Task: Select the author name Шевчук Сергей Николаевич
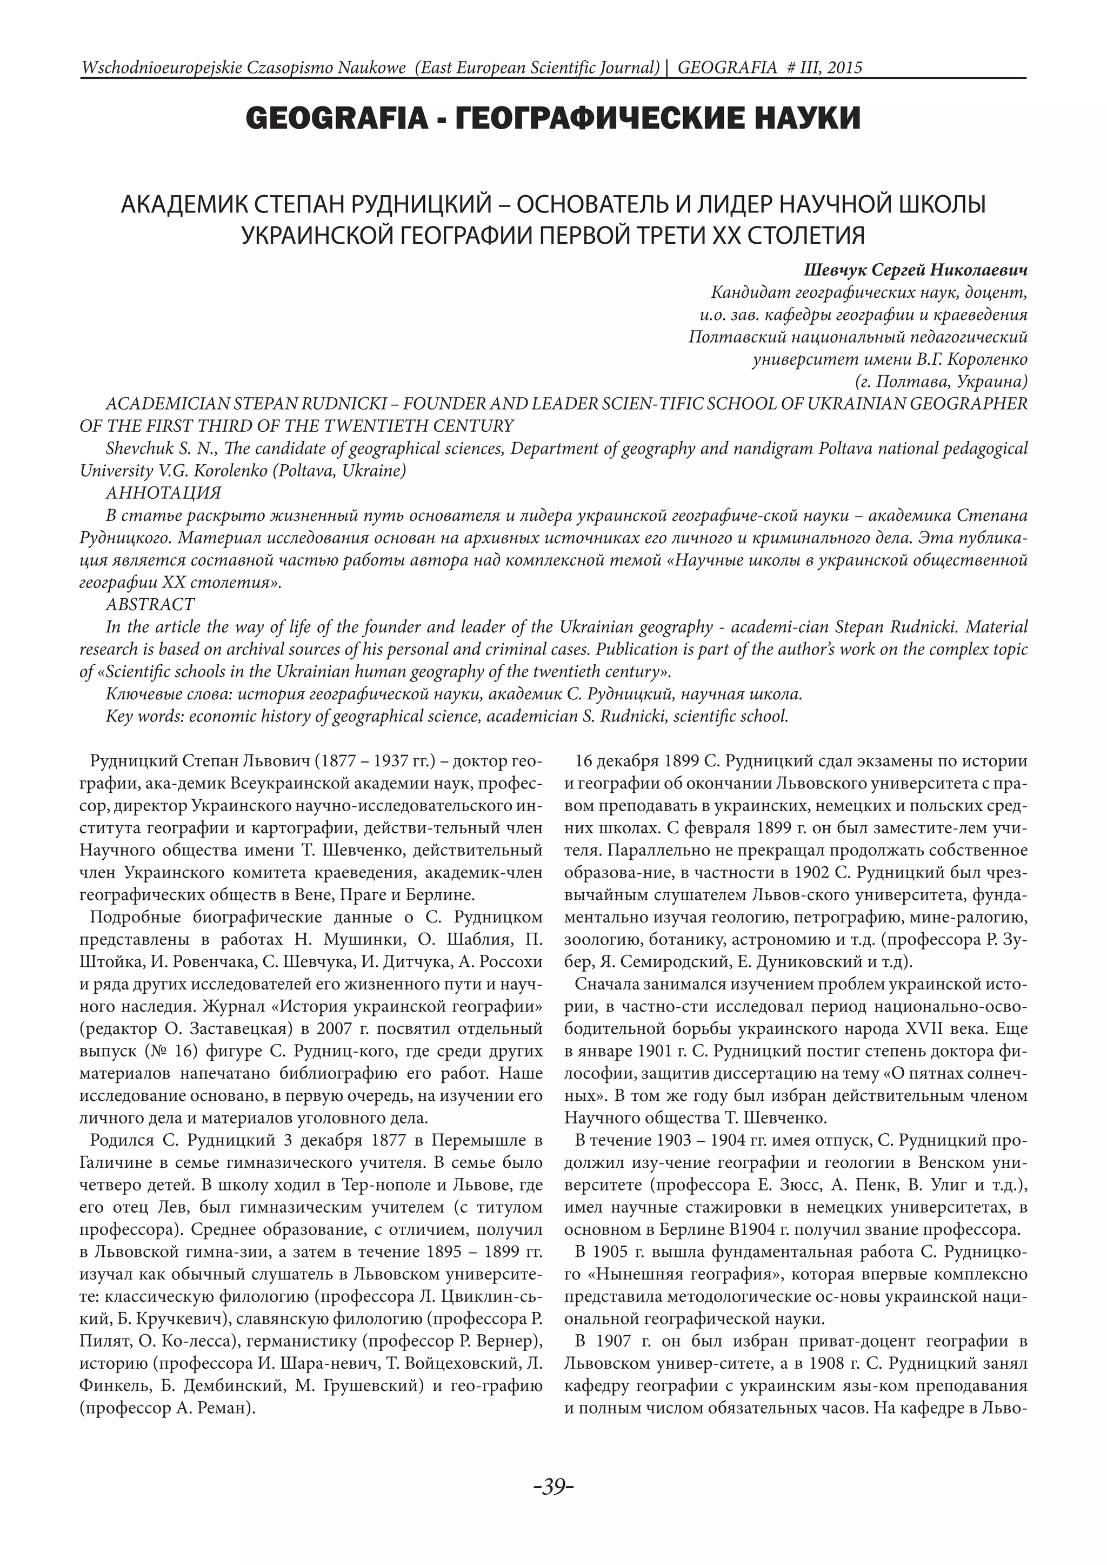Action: pyautogui.click(x=916, y=270)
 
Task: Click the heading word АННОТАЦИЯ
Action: pyautogui.click(x=164, y=493)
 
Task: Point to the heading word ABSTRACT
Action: pyautogui.click(x=150, y=604)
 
